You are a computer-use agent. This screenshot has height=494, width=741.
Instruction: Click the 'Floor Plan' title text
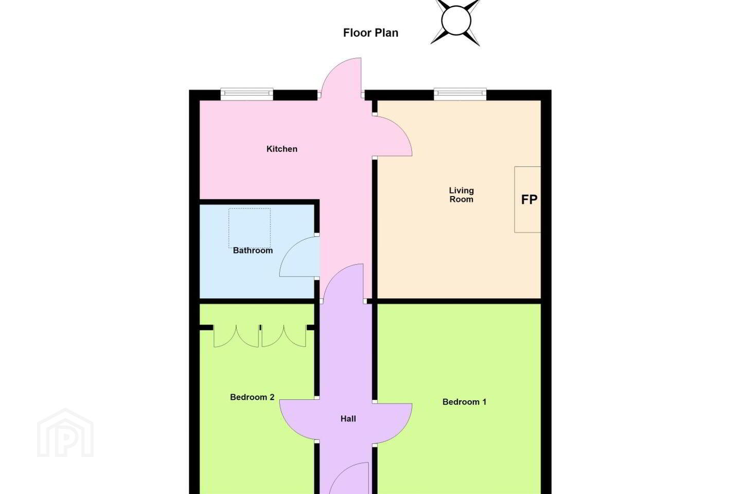[370, 33]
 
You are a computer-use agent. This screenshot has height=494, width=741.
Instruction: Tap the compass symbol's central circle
[456, 21]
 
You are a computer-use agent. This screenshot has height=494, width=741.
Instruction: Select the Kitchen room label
[282, 149]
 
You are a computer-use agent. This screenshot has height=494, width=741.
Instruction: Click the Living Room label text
[462, 195]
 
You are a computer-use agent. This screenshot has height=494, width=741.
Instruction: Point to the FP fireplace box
[527, 200]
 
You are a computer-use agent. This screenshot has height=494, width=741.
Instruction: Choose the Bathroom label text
[253, 251]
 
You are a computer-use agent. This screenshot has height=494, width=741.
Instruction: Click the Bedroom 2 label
[252, 397]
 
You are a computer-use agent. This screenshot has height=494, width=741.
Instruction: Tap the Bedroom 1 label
[465, 402]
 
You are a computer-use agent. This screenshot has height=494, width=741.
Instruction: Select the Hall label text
[348, 419]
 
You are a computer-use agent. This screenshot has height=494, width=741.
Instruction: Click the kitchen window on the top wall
[247, 94]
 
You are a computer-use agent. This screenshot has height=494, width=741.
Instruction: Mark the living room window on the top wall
[460, 94]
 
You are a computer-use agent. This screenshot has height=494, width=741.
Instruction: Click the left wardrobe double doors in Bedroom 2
[236, 336]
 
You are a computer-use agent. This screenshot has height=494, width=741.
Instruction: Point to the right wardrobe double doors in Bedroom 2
[284, 336]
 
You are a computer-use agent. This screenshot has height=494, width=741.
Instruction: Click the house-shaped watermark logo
[65, 433]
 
